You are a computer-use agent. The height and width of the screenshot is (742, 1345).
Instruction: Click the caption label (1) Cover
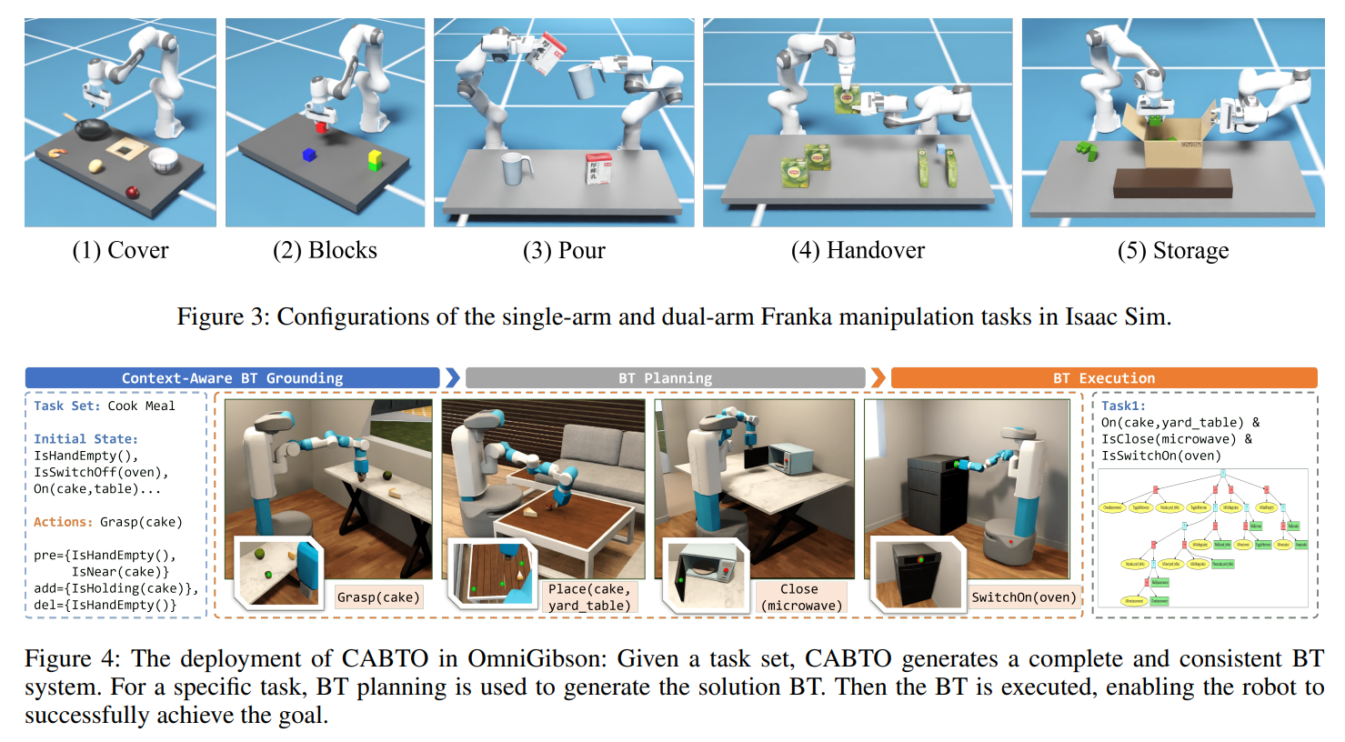click(x=120, y=251)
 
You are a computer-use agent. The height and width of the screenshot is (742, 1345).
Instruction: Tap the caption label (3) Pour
click(x=564, y=251)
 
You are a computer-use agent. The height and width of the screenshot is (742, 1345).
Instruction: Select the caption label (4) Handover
click(x=858, y=251)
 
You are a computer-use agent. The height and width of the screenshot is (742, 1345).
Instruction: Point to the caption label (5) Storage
click(x=1172, y=251)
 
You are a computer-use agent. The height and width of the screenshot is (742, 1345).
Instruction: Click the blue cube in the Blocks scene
click(x=309, y=155)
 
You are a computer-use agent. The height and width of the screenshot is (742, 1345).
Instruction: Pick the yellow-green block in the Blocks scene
click(x=374, y=161)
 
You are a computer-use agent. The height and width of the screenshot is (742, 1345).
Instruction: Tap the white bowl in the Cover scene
click(x=164, y=159)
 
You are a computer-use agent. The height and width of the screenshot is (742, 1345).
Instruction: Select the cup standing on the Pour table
click(x=516, y=168)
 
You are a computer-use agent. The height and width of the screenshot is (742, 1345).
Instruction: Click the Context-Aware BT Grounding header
click(x=232, y=378)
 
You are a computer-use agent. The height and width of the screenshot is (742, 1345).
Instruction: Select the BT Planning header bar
click(x=665, y=378)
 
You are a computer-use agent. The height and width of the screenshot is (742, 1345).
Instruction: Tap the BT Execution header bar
click(x=1103, y=378)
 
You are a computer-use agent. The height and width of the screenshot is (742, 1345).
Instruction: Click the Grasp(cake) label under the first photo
click(x=378, y=597)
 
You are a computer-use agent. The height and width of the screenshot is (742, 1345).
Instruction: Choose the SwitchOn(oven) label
click(x=1023, y=597)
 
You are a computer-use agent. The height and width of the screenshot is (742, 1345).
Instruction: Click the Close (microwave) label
click(x=799, y=597)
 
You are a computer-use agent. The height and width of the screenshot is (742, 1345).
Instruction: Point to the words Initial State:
click(x=85, y=439)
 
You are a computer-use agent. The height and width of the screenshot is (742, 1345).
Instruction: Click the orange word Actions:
click(x=63, y=522)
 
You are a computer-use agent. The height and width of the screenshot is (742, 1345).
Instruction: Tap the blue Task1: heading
click(x=1123, y=406)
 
